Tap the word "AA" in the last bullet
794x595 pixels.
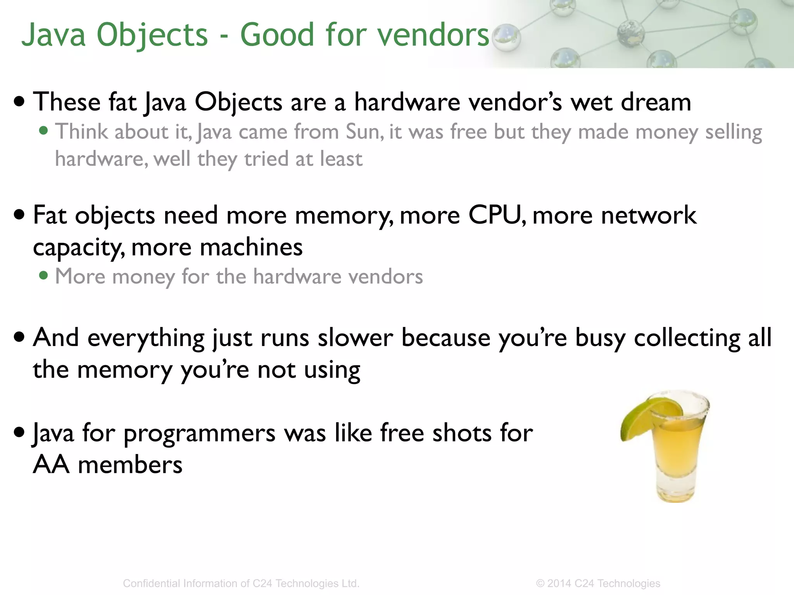tap(51, 465)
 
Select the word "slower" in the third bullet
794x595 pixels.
tap(356, 338)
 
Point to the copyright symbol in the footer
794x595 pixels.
tap(540, 583)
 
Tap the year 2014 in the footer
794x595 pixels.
tap(559, 583)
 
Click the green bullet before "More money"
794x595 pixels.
tap(44, 276)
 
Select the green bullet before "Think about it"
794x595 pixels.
tap(44, 131)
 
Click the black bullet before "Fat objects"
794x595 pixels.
tap(19, 214)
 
